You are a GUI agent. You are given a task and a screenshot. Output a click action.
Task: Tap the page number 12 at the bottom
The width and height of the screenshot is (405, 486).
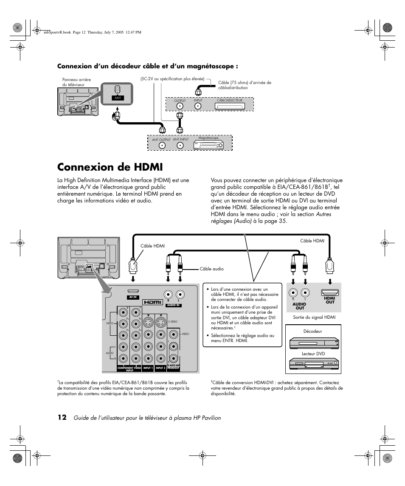click(x=62, y=418)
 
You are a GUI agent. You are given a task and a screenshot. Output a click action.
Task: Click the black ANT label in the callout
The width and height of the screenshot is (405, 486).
click(x=118, y=98)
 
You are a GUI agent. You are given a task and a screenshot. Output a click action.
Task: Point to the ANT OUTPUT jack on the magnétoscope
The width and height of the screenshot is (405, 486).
click(x=161, y=145)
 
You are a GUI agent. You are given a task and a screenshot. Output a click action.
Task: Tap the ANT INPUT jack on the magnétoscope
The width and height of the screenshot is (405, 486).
click(x=180, y=145)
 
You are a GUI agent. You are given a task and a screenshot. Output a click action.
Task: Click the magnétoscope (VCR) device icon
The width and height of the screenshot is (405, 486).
click(x=208, y=144)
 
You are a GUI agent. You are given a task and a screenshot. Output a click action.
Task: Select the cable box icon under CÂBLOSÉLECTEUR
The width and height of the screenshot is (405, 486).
click(x=234, y=106)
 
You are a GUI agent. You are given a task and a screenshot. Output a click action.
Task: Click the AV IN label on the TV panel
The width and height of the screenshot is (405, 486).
click(x=132, y=297)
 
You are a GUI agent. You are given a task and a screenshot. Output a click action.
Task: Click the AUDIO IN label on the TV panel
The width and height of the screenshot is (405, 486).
click(x=174, y=305)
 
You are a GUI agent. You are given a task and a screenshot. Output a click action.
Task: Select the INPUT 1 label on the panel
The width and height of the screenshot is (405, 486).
click(x=148, y=368)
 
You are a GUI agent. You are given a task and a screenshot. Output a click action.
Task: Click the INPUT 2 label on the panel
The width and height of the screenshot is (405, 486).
click(x=160, y=368)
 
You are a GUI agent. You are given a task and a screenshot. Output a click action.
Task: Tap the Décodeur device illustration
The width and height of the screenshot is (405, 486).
click(x=314, y=343)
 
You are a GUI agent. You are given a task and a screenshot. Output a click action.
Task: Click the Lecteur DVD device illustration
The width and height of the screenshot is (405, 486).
click(x=314, y=364)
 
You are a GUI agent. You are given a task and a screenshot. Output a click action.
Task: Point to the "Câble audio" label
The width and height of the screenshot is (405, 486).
click(x=211, y=269)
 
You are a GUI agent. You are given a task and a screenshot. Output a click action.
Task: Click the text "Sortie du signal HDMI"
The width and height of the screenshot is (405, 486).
click(x=314, y=317)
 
